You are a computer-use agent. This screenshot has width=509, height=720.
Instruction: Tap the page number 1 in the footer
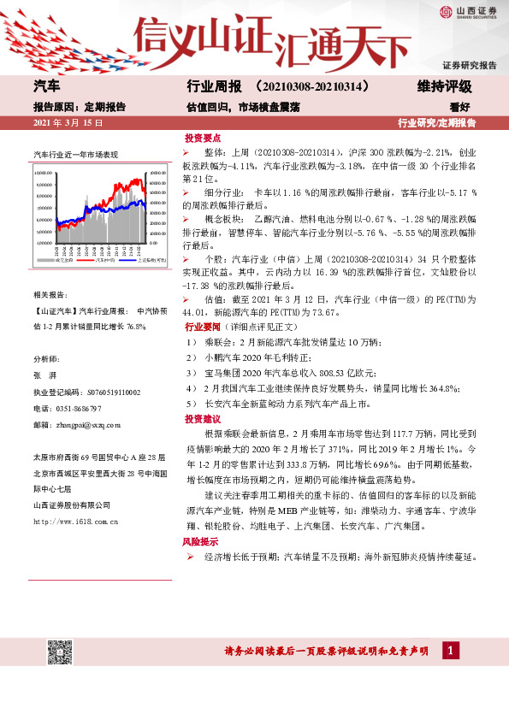pyautogui.click(x=448, y=652)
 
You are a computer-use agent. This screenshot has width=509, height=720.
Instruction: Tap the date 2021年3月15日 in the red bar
pyautogui.click(x=68, y=124)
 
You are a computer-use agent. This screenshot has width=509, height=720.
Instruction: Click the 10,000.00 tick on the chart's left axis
pyautogui.click(x=44, y=172)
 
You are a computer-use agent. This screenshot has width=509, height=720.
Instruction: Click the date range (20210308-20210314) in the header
pyautogui.click(x=313, y=87)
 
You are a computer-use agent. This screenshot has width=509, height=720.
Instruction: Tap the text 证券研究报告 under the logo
pyautogui.click(x=470, y=66)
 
